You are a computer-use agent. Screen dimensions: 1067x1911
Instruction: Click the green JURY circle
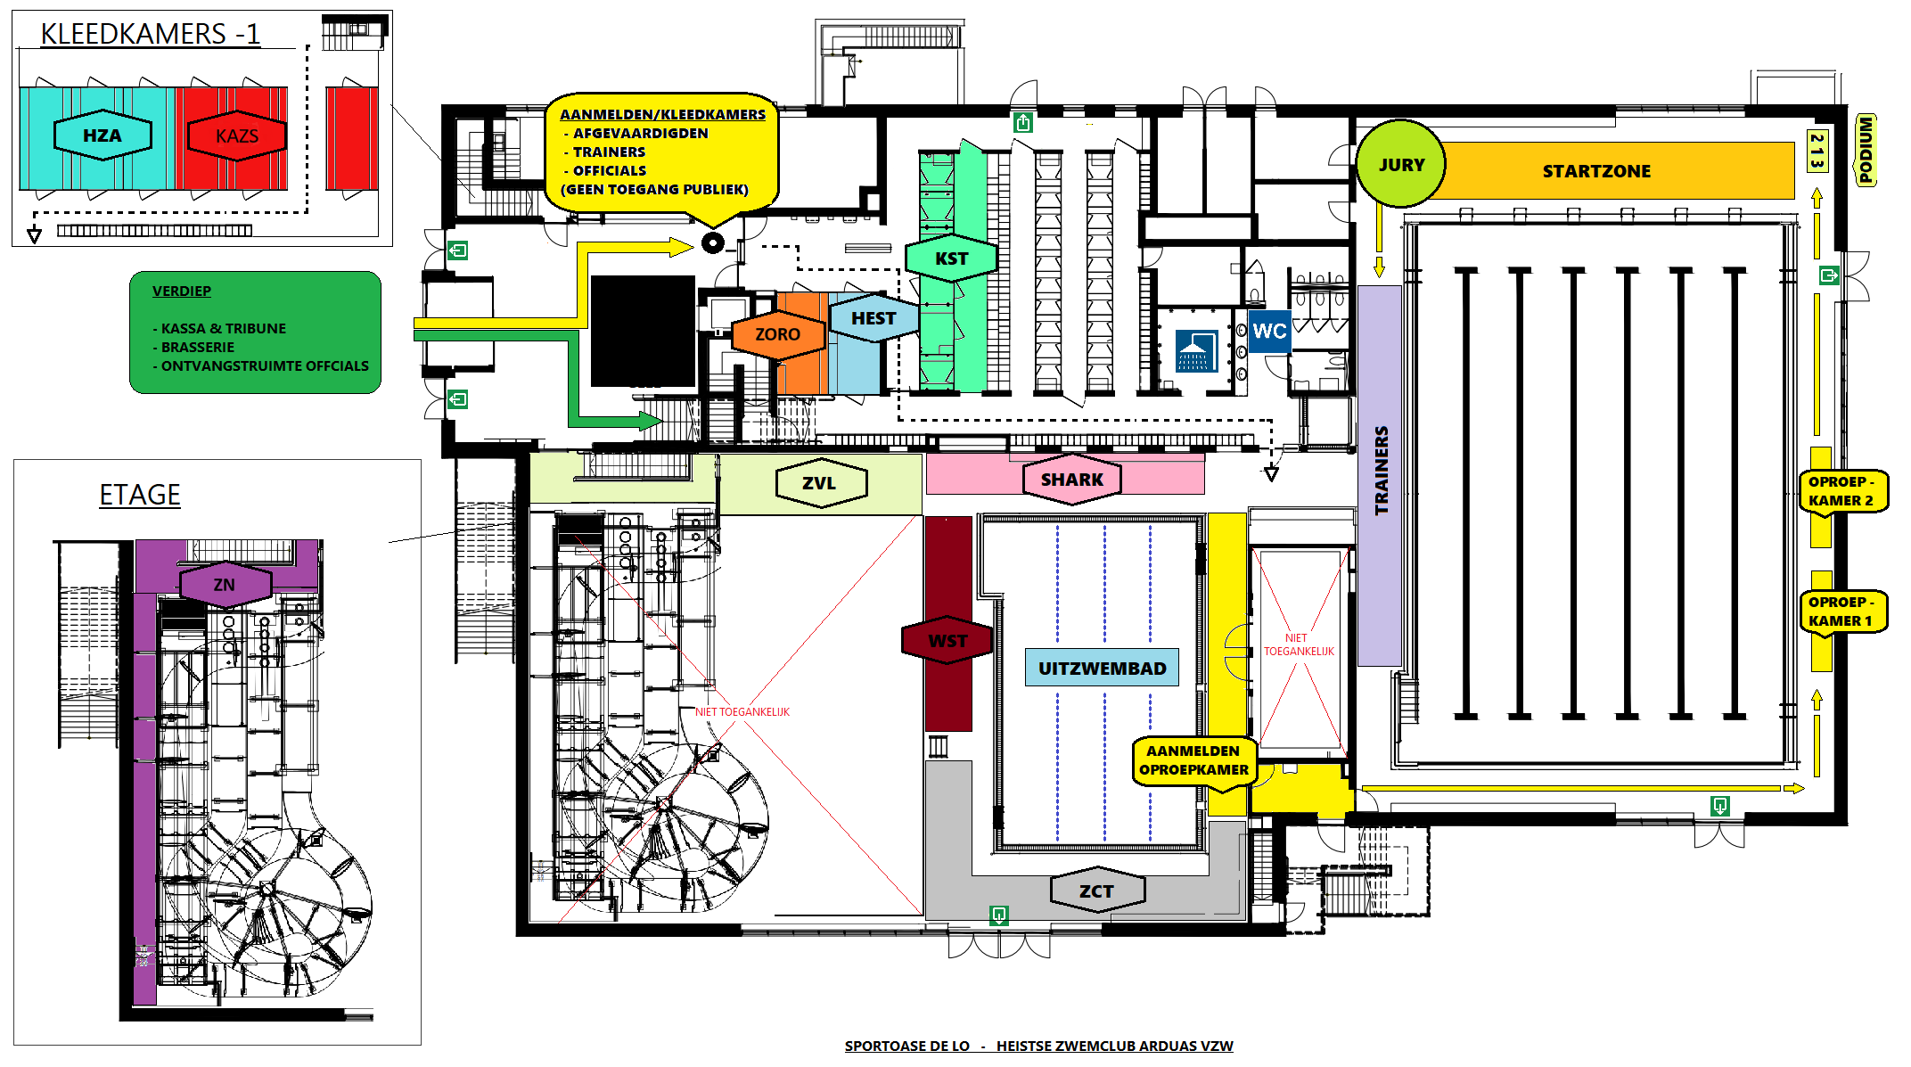point(1400,165)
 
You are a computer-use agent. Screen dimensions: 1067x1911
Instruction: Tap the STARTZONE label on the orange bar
point(1595,171)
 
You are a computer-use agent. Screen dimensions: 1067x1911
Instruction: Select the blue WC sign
point(1268,332)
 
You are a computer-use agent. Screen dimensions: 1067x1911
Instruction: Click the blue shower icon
point(1196,350)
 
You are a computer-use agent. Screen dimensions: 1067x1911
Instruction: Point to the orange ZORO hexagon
point(777,334)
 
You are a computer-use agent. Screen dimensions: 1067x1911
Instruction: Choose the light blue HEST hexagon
point(873,318)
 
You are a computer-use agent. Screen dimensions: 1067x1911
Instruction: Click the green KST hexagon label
point(951,259)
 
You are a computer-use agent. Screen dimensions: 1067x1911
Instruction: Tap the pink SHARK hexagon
point(1071,480)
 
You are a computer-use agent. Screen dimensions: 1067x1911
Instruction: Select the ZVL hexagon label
point(819,483)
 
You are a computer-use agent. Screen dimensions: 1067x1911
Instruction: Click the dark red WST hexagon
point(947,641)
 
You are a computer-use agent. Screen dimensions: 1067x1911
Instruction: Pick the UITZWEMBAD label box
point(1102,669)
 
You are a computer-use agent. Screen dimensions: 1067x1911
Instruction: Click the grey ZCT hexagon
point(1096,891)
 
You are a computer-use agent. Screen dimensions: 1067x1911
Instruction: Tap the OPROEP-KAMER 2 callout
point(1841,491)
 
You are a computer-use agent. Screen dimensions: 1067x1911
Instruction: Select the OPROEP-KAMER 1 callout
point(1841,611)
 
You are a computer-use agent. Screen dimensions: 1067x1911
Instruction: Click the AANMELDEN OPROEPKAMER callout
point(1193,760)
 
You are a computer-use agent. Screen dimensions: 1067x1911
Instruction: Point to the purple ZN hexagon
point(225,585)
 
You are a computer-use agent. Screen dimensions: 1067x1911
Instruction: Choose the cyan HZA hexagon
point(103,135)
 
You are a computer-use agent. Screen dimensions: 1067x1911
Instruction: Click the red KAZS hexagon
point(236,136)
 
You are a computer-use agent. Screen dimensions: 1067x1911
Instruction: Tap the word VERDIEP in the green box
point(182,291)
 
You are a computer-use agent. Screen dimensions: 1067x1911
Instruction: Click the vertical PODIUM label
point(1866,150)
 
